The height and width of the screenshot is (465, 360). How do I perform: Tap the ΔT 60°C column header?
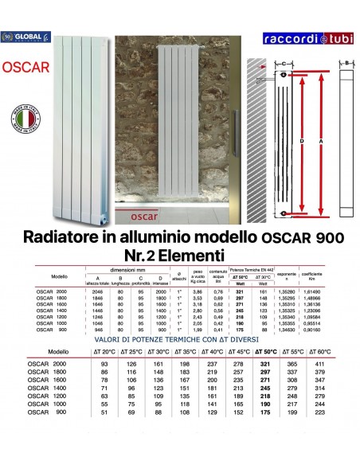coord(326,351)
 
